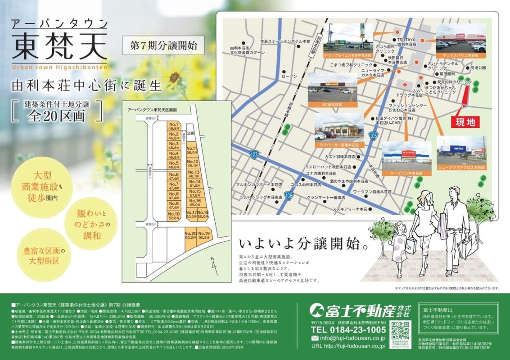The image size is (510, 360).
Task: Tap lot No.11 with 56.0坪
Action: pos(192,151)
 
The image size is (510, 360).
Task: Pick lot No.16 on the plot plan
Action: pos(195,202)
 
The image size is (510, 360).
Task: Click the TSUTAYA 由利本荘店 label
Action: pos(406,42)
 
